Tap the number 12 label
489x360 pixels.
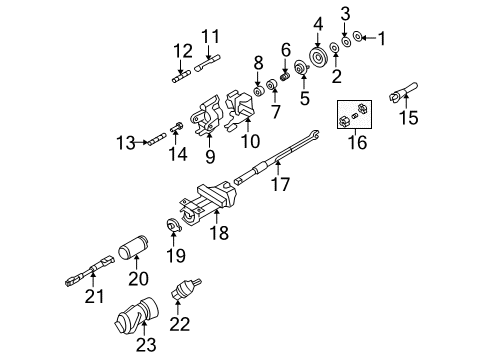click(181, 51)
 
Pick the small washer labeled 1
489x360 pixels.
click(360, 38)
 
